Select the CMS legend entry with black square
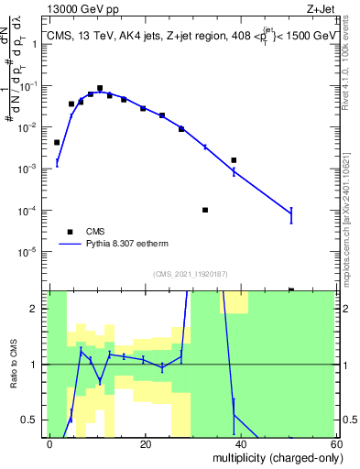tap(71, 232)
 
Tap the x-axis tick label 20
tap(145, 443)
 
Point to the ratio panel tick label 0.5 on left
tap(33, 420)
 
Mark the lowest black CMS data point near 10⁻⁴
tap(205, 210)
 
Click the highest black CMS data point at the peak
tap(100, 88)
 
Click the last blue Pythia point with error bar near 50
tap(290, 214)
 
